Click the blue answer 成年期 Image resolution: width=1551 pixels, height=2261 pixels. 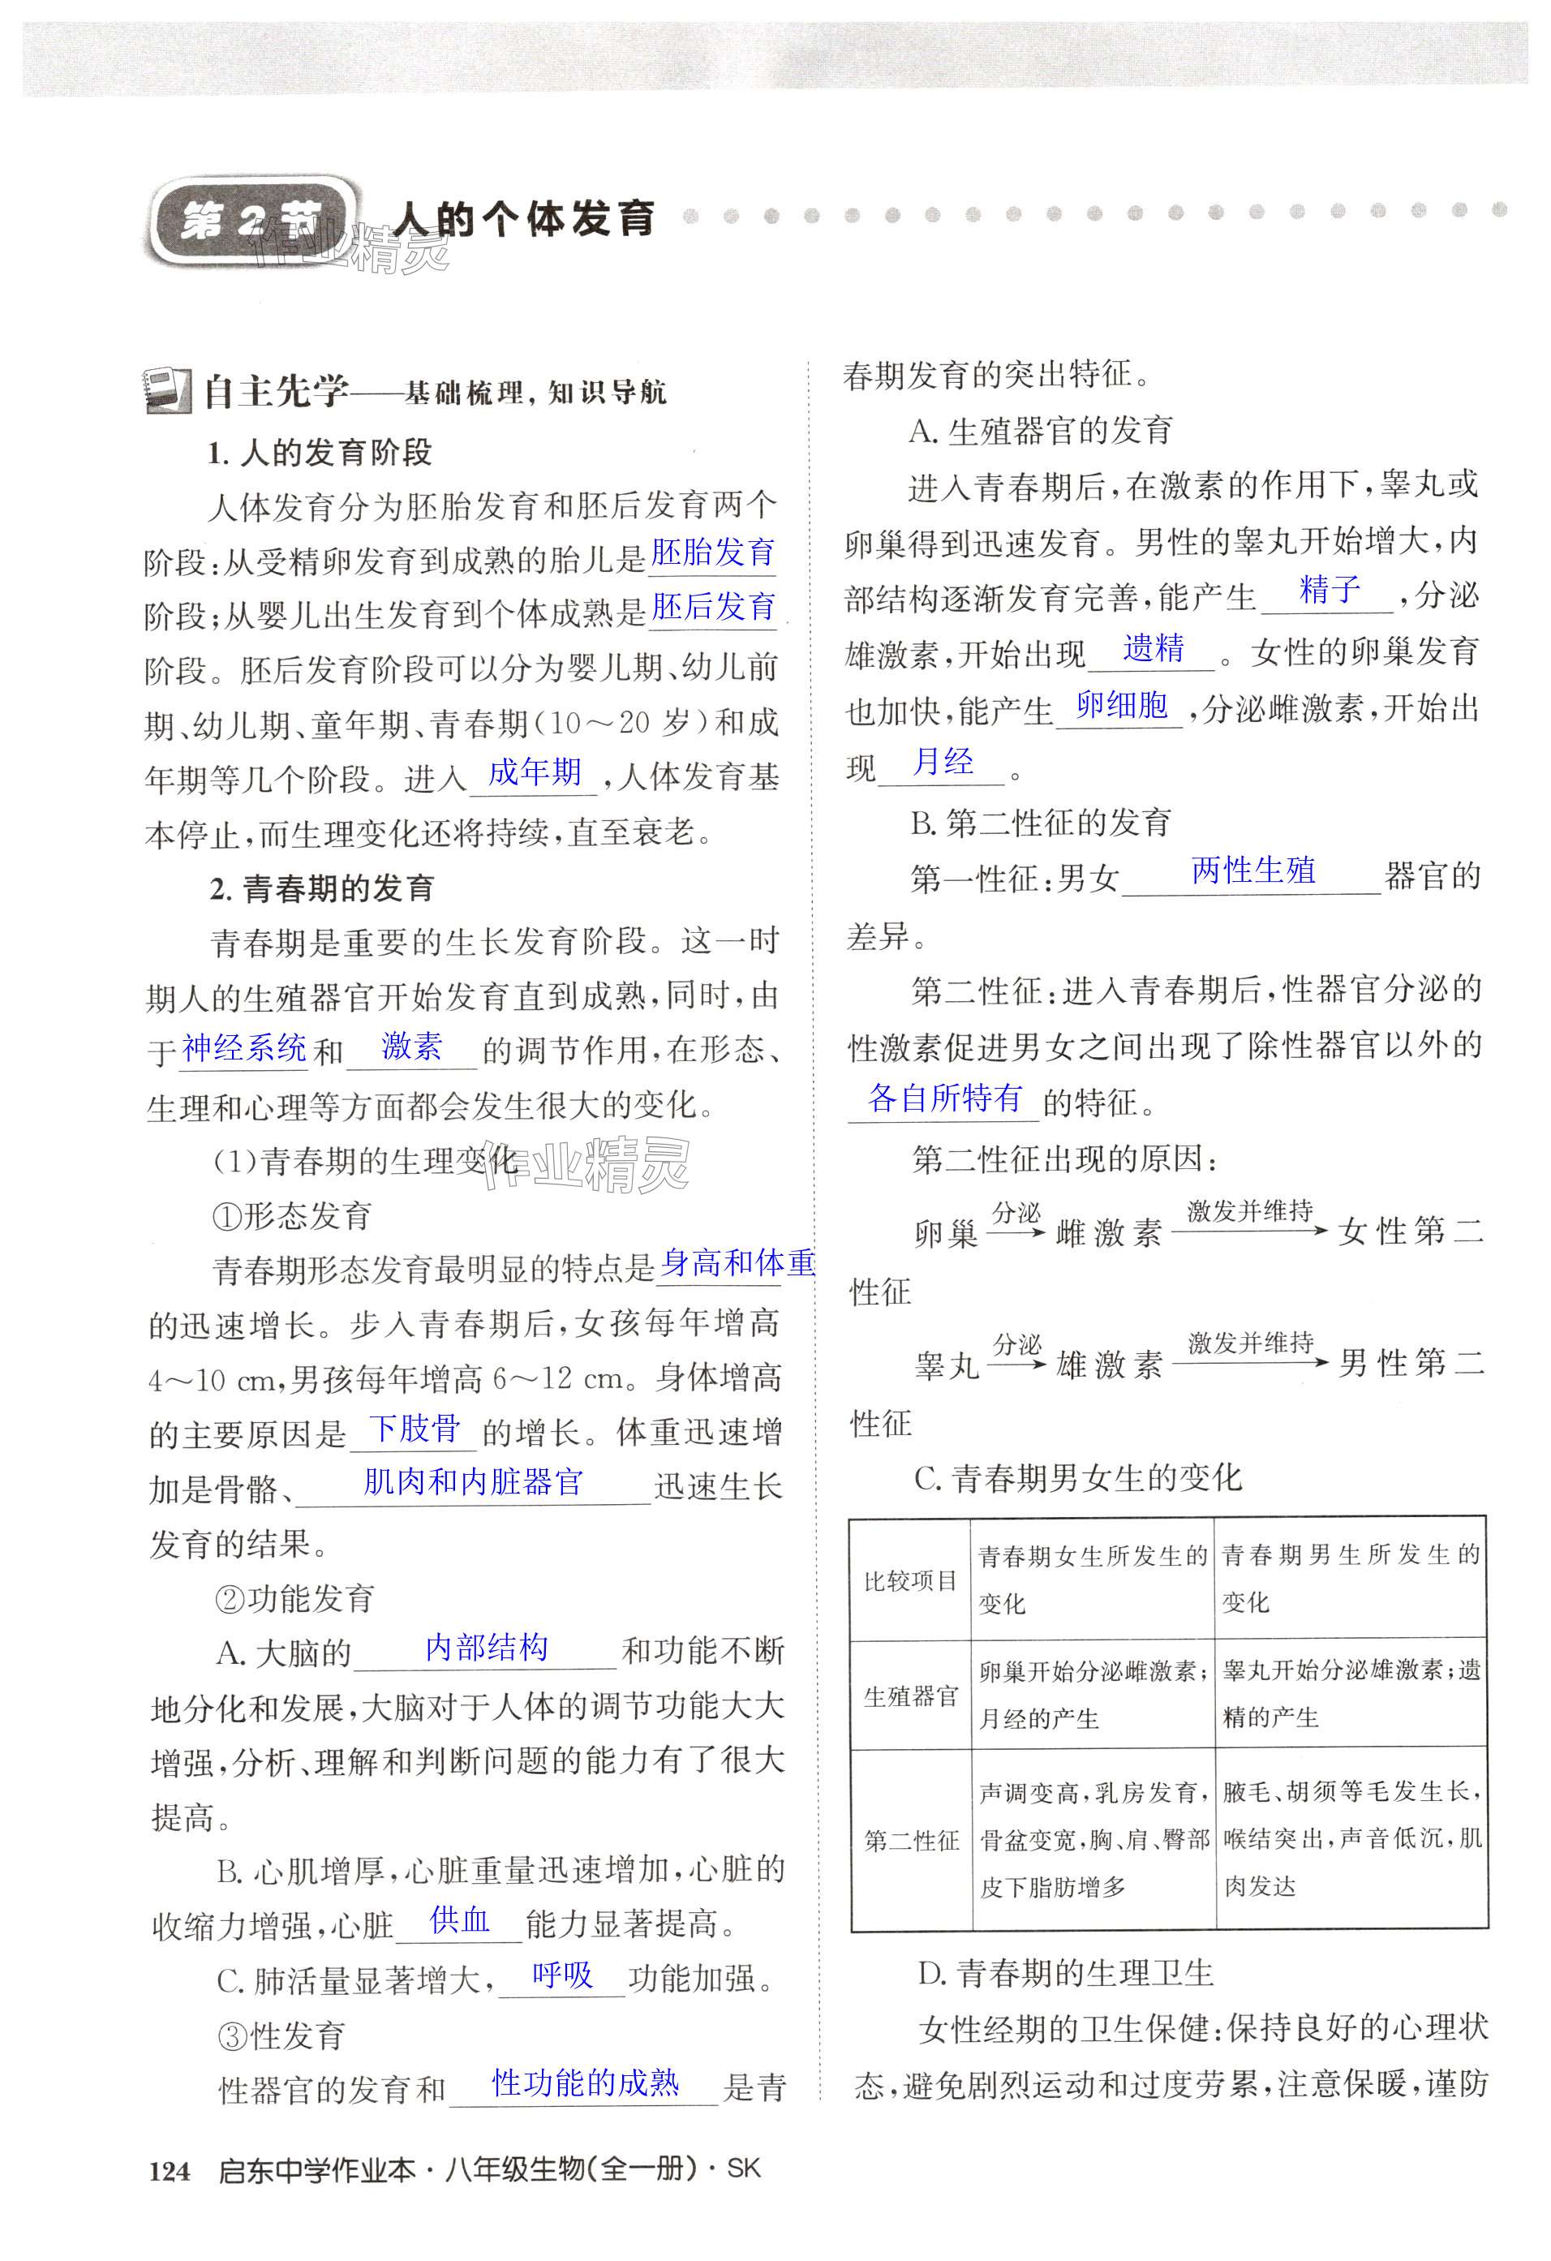[535, 772]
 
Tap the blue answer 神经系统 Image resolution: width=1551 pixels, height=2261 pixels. [244, 1048]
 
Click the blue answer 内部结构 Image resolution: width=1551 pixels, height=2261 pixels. [487, 1647]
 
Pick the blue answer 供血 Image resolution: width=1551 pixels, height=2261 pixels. [459, 1919]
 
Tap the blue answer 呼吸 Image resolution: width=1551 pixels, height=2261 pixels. [562, 1974]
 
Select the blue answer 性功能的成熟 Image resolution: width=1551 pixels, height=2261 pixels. [585, 2083]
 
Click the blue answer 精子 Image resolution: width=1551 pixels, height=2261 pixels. [1330, 590]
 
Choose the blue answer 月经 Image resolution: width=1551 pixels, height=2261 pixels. [943, 761]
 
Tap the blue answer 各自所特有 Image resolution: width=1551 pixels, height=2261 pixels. [945, 1098]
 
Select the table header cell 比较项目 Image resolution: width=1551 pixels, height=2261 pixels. [911, 1581]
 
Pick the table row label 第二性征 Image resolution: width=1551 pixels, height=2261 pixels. [911, 1840]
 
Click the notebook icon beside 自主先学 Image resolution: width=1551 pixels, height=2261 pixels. [169, 391]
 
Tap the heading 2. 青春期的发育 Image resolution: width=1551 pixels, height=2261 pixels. [322, 888]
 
